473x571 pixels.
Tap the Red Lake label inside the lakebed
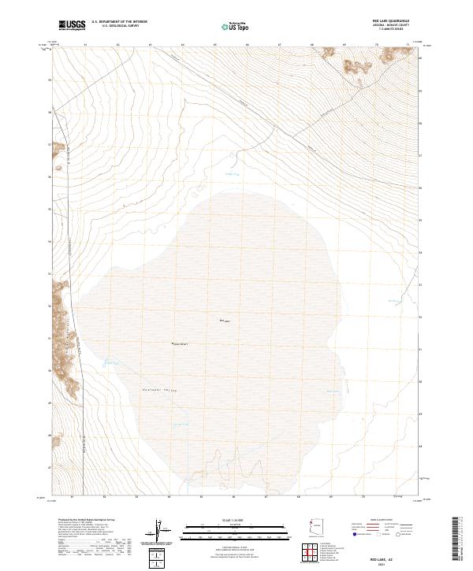(223, 321)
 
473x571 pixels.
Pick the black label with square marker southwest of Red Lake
(180, 344)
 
